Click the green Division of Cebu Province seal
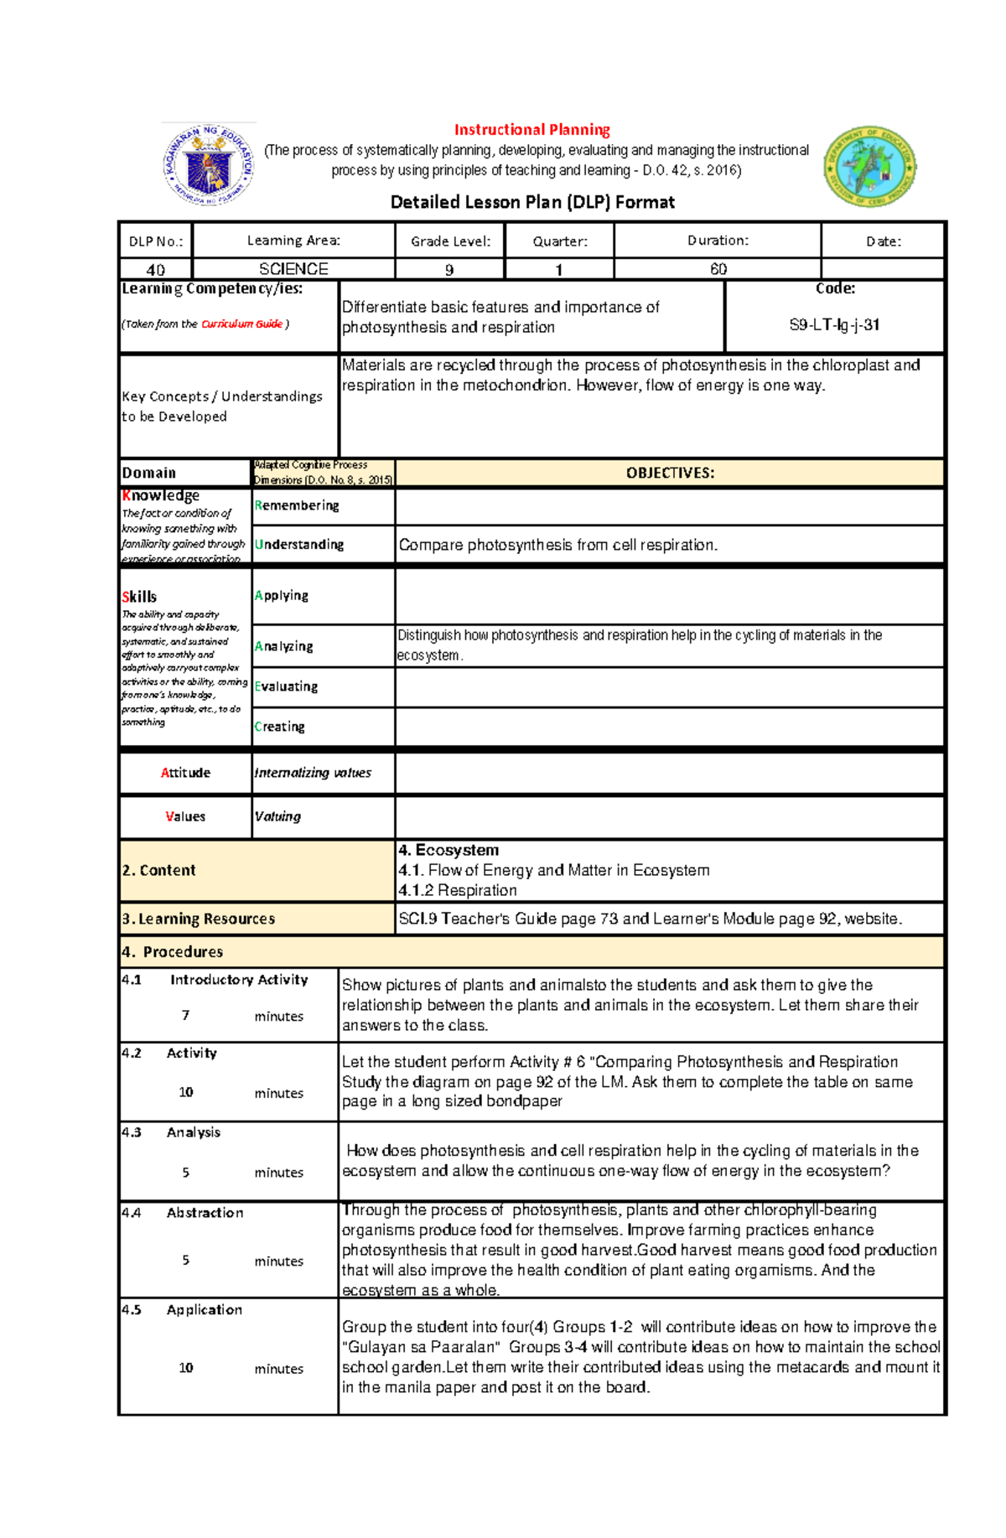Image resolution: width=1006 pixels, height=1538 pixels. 870,167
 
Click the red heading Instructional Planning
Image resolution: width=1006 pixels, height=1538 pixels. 532,130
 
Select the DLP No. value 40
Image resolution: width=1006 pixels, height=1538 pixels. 156,269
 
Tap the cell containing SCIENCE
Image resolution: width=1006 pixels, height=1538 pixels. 293,269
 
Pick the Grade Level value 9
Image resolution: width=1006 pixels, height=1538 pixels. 449,269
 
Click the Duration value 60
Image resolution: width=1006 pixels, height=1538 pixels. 718,269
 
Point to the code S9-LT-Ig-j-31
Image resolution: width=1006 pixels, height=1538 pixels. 834,325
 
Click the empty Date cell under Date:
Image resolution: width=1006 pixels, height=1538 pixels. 883,269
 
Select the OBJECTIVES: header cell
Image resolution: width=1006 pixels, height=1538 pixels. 669,473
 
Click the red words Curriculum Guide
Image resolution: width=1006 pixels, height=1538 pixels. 241,324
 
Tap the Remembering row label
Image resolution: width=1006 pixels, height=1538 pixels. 297,505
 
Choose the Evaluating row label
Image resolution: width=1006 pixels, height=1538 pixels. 286,686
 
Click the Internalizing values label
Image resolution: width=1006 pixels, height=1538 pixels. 312,773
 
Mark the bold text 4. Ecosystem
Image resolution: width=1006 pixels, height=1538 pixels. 449,850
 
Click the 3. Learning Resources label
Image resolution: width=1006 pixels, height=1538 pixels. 199,919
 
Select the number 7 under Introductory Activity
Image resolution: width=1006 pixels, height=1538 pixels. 185,1016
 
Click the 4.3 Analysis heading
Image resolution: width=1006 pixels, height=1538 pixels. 171,1132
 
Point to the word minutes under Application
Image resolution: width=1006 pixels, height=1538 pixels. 278,1369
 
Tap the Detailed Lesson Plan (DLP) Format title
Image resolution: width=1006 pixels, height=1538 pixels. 532,202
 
